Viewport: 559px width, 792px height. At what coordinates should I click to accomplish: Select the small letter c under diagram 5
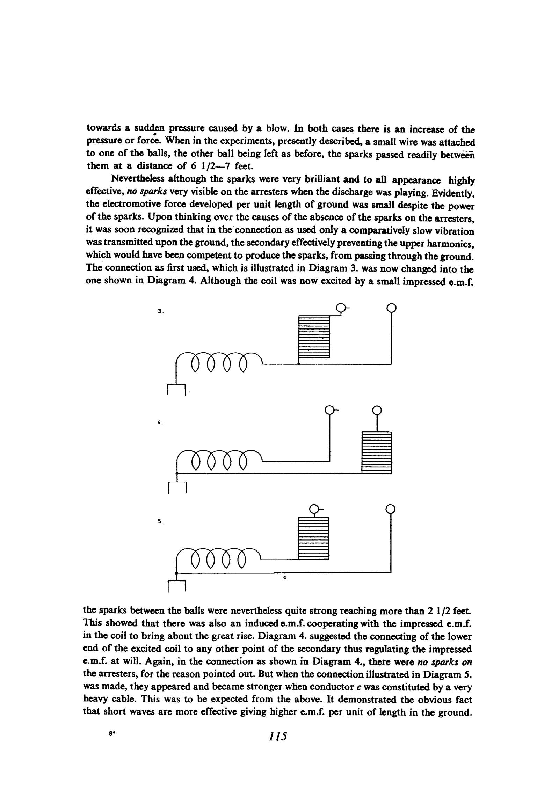click(285, 578)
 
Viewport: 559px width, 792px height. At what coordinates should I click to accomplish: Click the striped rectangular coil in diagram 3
click(314, 336)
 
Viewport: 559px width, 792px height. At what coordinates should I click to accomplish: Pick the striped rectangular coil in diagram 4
click(377, 452)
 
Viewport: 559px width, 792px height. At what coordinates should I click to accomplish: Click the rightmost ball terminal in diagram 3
click(391, 308)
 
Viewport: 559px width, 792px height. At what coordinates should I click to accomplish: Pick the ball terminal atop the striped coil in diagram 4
click(376, 409)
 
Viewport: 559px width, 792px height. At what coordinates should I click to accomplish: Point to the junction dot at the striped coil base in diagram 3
click(298, 364)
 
